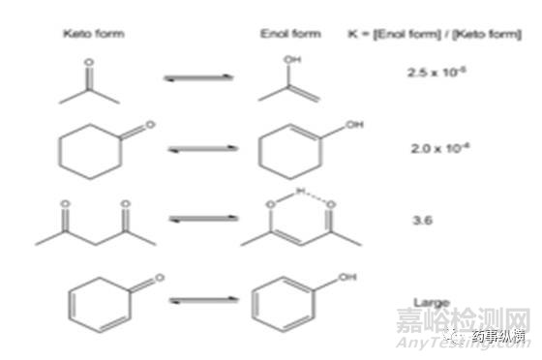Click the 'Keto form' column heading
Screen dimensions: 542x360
[x=94, y=34]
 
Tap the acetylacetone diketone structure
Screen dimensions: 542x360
[x=94, y=224]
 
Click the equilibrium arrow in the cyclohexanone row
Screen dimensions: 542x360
[x=199, y=151]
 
